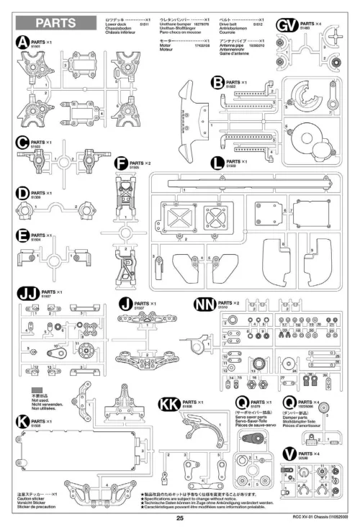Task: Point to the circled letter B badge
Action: click(x=217, y=84)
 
